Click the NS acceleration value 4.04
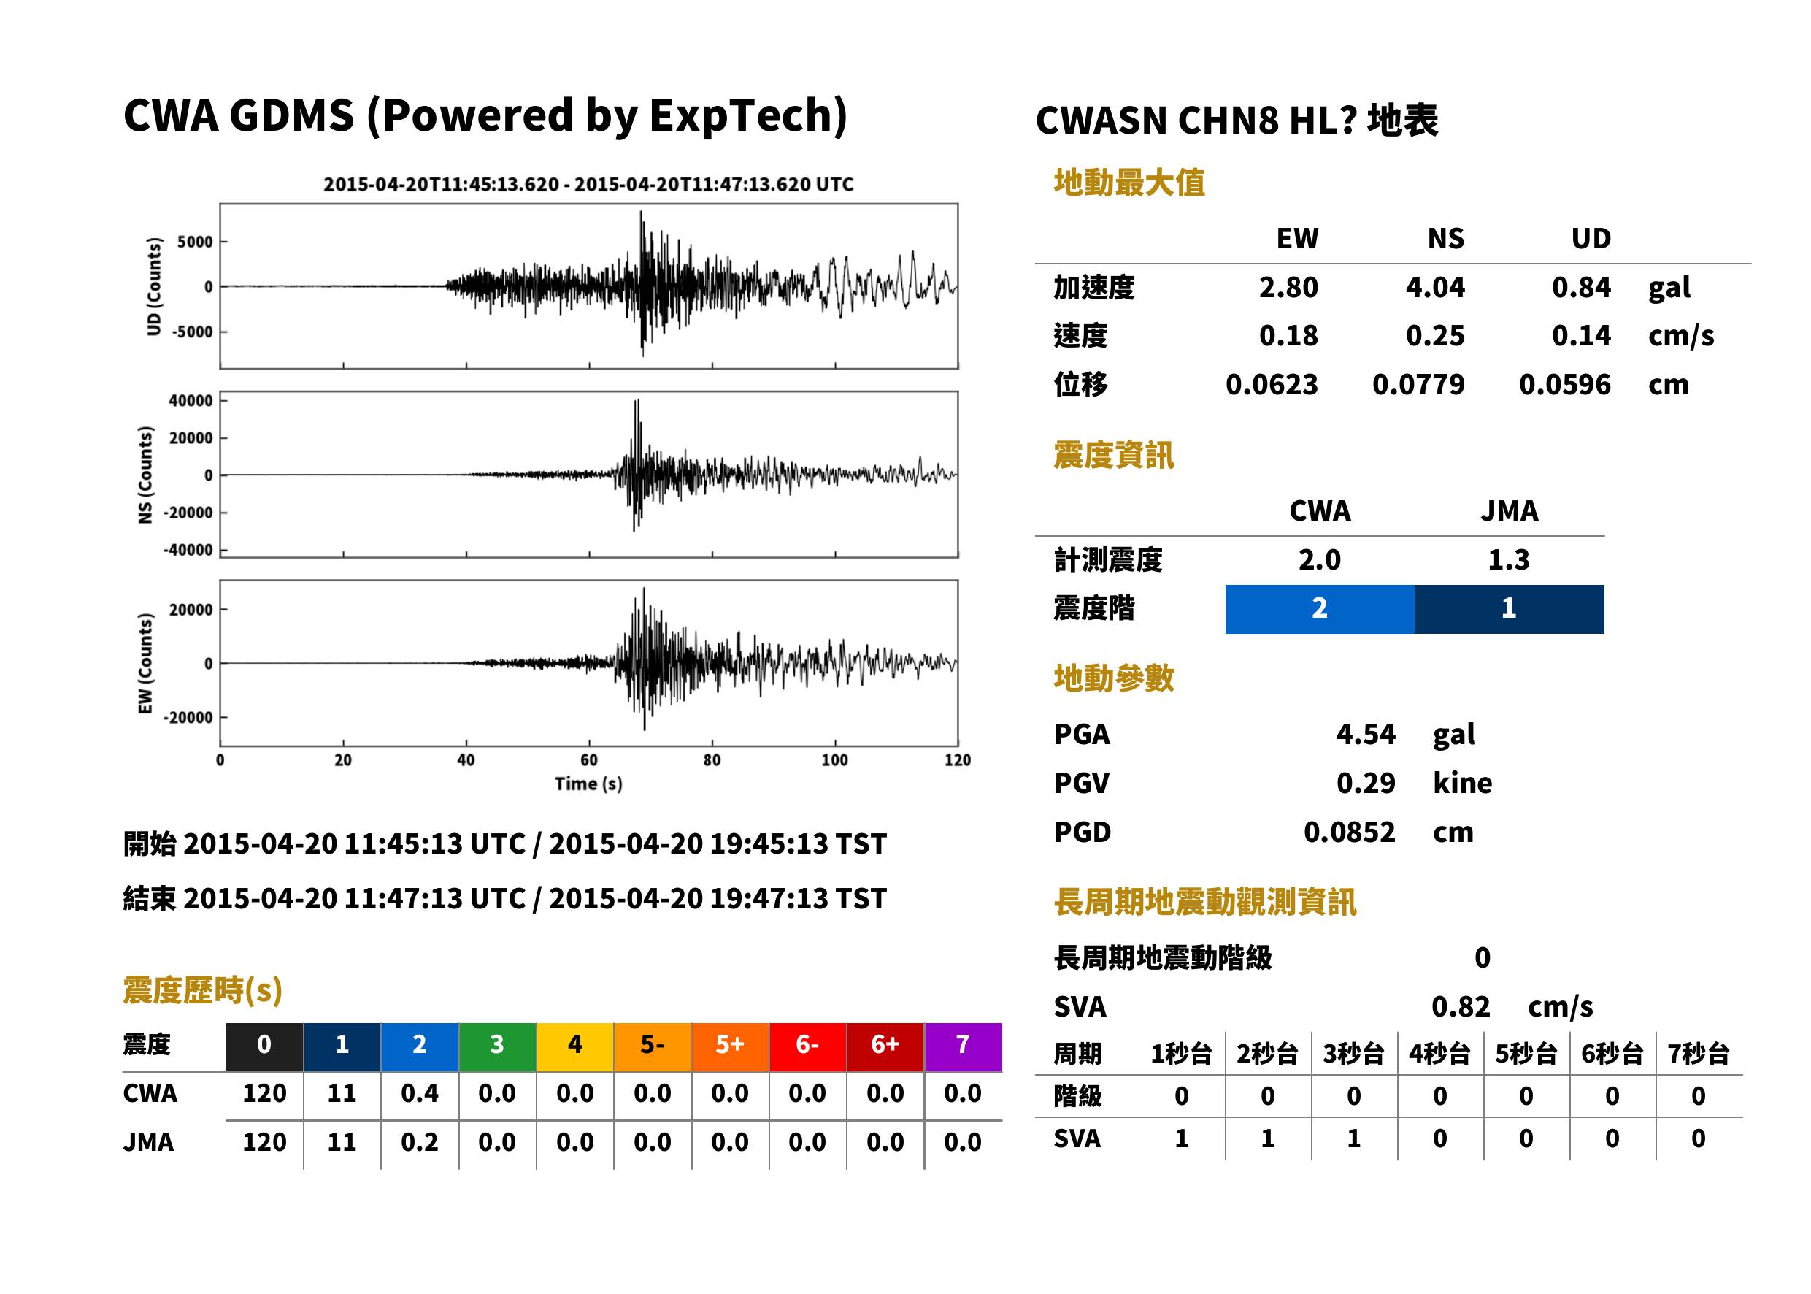pos(1434,287)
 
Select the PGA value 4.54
pos(1365,734)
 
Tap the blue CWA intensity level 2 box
pos(1320,609)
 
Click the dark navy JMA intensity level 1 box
pos(1510,609)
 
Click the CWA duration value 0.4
pos(420,1093)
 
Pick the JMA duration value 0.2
pos(420,1142)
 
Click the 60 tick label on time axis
pos(588,760)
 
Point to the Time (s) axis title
pos(588,784)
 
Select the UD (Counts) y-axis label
pos(154,286)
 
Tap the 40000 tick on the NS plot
pos(191,400)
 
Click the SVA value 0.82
pos(1461,1006)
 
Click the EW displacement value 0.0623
pos(1272,385)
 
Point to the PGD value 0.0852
pos(1349,832)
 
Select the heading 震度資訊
pos(1113,455)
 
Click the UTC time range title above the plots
pos(588,185)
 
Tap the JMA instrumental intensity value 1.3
pos(1510,559)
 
